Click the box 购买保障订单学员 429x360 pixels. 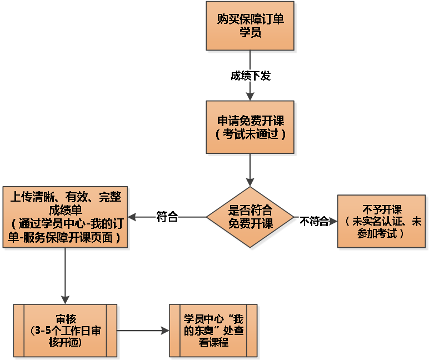coord(250,26)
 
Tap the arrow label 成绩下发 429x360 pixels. coord(250,76)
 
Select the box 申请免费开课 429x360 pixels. coord(250,127)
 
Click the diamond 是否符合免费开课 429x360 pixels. coord(250,217)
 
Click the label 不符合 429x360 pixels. coord(314,221)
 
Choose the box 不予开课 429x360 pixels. coord(381,221)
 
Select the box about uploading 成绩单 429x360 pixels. coord(66,217)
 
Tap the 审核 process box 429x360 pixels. coord(66,331)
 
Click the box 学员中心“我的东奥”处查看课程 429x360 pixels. coord(213,331)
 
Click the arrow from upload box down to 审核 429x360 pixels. coord(66,275)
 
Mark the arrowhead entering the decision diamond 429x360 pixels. coord(250,182)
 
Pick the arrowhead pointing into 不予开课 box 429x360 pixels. coord(333,221)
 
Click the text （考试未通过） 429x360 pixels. coord(250,134)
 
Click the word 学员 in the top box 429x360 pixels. coord(250,33)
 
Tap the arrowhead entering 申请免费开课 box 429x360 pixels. coord(250,96)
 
